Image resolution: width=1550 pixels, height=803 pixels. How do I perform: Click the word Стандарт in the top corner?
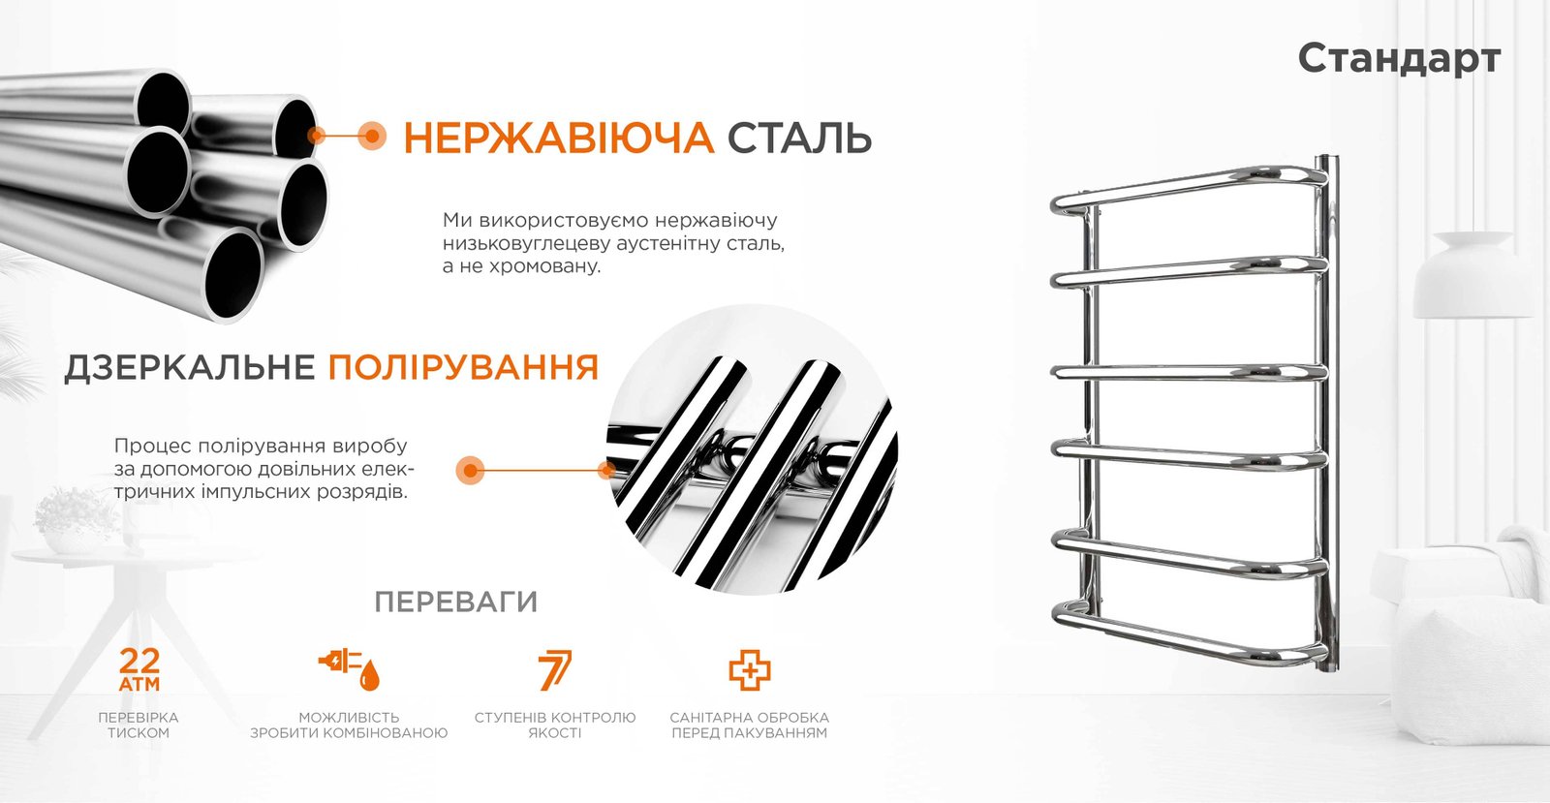click(x=1399, y=59)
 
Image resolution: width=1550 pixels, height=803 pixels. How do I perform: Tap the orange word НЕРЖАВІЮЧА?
click(x=558, y=138)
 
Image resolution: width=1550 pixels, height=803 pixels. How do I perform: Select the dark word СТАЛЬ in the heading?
click(x=799, y=138)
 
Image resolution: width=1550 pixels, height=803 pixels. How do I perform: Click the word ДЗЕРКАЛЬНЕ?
click(x=190, y=367)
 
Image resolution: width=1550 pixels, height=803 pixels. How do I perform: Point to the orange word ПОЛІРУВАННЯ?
click(x=463, y=367)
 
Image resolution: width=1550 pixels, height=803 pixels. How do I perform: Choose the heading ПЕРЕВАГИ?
click(x=456, y=602)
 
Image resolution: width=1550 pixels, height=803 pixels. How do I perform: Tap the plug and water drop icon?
click(x=349, y=669)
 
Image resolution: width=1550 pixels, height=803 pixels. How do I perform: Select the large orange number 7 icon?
click(x=555, y=669)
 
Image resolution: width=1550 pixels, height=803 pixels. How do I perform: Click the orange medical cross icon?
click(x=750, y=669)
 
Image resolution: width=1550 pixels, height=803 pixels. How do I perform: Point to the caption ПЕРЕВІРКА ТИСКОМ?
click(x=139, y=725)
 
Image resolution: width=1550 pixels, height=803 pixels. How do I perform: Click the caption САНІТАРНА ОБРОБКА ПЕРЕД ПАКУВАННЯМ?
click(x=750, y=725)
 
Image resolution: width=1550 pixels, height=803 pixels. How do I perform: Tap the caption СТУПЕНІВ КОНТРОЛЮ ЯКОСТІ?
click(x=555, y=725)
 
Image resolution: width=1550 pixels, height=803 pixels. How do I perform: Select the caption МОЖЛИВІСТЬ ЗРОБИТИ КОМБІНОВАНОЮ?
click(x=349, y=725)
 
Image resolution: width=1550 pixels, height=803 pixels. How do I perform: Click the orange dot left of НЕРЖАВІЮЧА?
click(x=372, y=136)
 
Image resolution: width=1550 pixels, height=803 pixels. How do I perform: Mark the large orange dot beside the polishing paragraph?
click(x=471, y=471)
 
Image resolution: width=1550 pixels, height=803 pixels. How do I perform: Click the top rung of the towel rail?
click(x=1188, y=187)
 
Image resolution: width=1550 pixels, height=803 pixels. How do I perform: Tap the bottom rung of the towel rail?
click(x=1188, y=633)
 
